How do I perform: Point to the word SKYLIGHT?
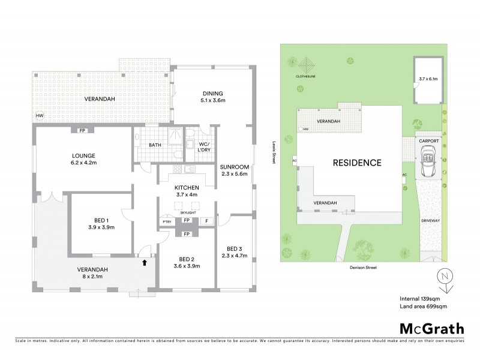coord(187,212)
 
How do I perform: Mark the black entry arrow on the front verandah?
coord(143,261)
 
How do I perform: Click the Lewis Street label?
coord(273,154)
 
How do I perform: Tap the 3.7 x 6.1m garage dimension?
coord(428,79)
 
